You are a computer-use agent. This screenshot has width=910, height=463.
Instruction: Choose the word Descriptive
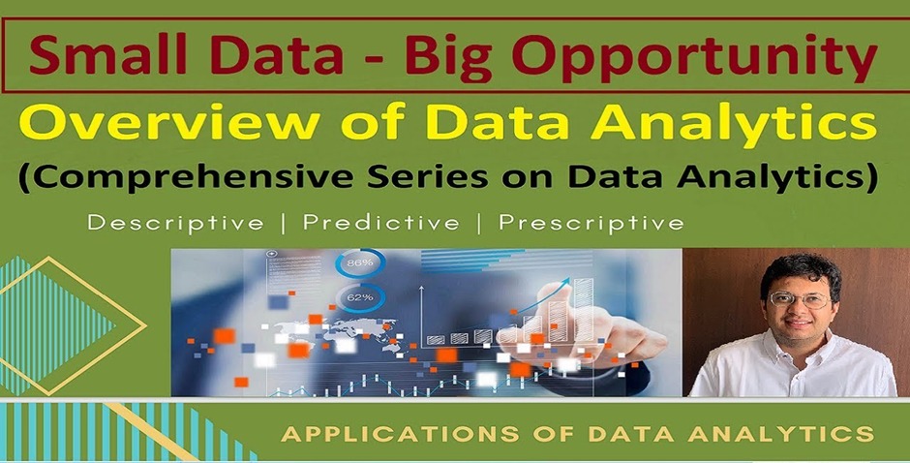pos(175,223)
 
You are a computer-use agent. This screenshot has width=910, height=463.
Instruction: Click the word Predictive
pos(379,223)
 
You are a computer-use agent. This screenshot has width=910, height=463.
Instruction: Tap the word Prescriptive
pos(591,223)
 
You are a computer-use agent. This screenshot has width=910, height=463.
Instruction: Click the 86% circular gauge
pos(358,262)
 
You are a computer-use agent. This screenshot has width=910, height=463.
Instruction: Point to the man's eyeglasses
pos(801,300)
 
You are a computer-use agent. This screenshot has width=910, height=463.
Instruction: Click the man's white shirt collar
pos(774,349)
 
